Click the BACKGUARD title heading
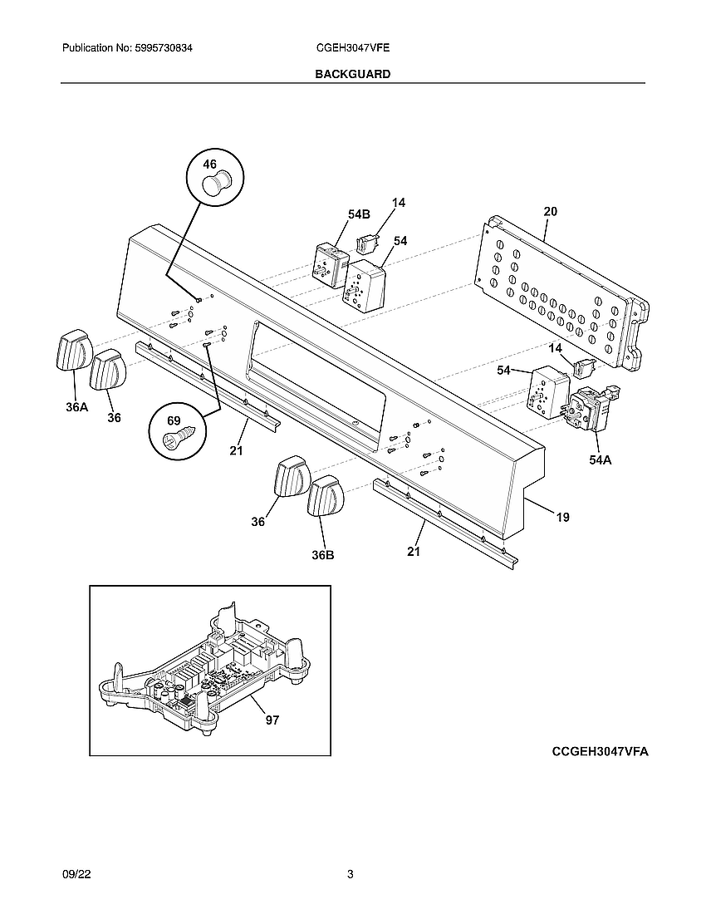[352, 74]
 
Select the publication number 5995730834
[127, 49]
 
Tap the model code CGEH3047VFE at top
[353, 49]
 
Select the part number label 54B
[358, 214]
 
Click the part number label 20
[550, 212]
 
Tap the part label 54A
[600, 459]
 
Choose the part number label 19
[562, 517]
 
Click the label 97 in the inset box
[272, 720]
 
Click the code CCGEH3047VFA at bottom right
[600, 751]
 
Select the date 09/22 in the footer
[75, 874]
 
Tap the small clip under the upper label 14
[367, 242]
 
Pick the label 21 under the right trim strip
[413, 552]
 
